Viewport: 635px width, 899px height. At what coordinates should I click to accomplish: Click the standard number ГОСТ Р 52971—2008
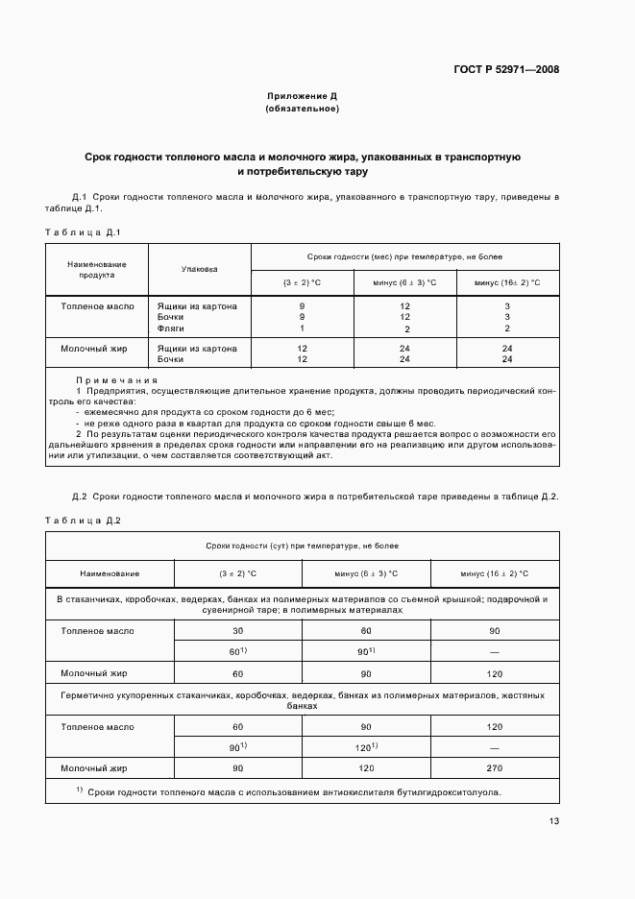(x=507, y=69)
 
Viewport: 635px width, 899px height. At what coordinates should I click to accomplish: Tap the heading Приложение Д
(x=302, y=96)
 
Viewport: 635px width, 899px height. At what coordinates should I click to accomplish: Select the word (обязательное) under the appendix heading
(x=302, y=109)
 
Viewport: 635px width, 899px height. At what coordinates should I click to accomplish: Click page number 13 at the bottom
(x=554, y=820)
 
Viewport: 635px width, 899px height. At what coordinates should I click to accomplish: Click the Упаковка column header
(x=199, y=270)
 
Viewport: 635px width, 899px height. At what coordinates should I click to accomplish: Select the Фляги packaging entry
(x=170, y=328)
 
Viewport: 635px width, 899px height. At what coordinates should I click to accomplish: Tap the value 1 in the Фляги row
(x=303, y=328)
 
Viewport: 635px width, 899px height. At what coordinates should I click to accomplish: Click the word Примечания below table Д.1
(x=116, y=380)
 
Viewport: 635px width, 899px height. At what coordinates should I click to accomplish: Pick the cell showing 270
(x=494, y=768)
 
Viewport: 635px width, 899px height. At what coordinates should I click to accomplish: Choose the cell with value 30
(x=237, y=631)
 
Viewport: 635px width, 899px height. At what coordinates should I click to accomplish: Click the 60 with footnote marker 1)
(x=237, y=651)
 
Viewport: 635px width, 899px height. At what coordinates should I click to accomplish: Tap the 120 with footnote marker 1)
(x=365, y=746)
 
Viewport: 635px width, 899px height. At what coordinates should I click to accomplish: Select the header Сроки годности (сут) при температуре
(x=302, y=546)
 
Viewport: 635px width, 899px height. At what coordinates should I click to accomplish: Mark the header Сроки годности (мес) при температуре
(x=404, y=257)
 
